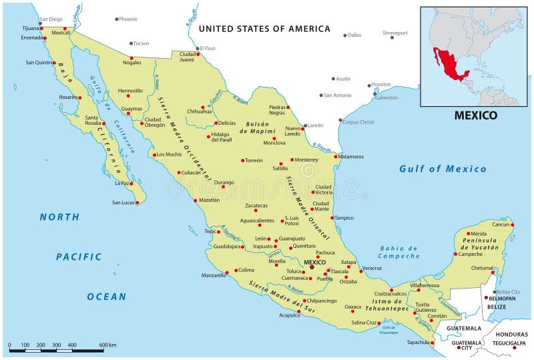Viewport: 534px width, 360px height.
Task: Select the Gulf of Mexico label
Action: [443, 169]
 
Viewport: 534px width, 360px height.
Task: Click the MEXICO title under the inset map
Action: [475, 115]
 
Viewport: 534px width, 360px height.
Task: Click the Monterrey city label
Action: [306, 160]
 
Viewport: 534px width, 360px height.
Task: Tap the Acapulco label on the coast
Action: [290, 316]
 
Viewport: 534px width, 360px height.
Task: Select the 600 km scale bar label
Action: [108, 345]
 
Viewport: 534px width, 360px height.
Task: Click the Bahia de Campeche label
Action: [399, 252]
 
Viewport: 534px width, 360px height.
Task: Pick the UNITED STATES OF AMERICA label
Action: [264, 29]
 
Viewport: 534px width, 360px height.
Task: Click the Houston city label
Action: [381, 84]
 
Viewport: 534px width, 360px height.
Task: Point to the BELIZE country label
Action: [496, 307]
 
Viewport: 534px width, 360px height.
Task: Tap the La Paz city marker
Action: [132, 183]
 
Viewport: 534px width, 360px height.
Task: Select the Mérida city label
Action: [479, 234]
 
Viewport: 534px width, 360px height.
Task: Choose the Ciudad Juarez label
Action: [187, 56]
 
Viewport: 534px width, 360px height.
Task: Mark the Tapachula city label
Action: [417, 342]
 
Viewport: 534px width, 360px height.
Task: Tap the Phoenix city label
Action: [127, 19]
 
